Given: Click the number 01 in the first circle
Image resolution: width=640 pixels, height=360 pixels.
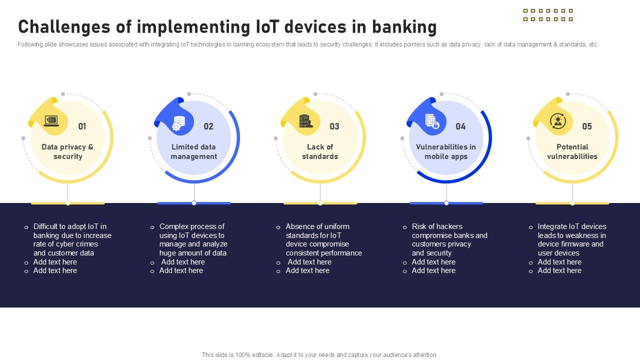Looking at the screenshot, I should (x=82, y=126).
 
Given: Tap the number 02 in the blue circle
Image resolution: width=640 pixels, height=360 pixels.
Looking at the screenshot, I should (x=208, y=126).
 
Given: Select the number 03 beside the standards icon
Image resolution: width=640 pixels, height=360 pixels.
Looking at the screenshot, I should (x=334, y=126).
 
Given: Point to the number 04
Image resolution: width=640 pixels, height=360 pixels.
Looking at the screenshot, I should (x=460, y=126).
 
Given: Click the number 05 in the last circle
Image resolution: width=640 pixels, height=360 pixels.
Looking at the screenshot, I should (x=587, y=126).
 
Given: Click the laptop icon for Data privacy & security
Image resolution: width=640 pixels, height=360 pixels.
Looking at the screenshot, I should (x=51, y=121).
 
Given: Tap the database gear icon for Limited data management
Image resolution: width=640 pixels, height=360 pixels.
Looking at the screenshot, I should (x=178, y=122).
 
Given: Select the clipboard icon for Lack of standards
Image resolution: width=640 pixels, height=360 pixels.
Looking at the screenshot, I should (x=305, y=121).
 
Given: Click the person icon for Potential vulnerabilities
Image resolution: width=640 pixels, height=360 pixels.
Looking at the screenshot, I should (x=557, y=121).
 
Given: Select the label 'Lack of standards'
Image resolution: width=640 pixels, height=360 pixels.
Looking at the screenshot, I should (x=320, y=151).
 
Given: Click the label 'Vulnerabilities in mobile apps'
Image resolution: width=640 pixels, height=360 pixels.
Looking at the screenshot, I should (x=446, y=151).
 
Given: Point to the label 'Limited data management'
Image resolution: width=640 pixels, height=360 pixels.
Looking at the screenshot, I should (x=193, y=151).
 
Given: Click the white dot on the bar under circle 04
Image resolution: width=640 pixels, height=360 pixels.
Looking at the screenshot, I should (x=446, y=203).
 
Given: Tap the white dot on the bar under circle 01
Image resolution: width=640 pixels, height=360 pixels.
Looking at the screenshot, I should (x=68, y=203).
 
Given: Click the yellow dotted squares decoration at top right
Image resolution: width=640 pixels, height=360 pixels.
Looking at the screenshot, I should (x=548, y=15).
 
